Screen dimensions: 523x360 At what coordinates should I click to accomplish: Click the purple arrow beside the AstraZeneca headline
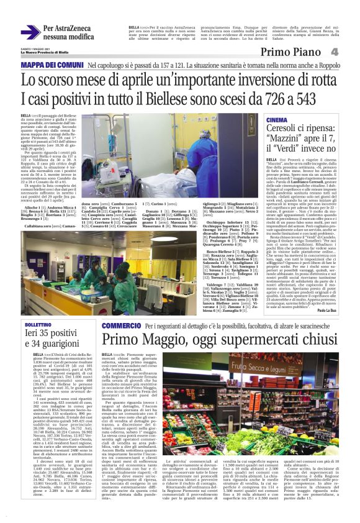pyautogui.click(x=29, y=32)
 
